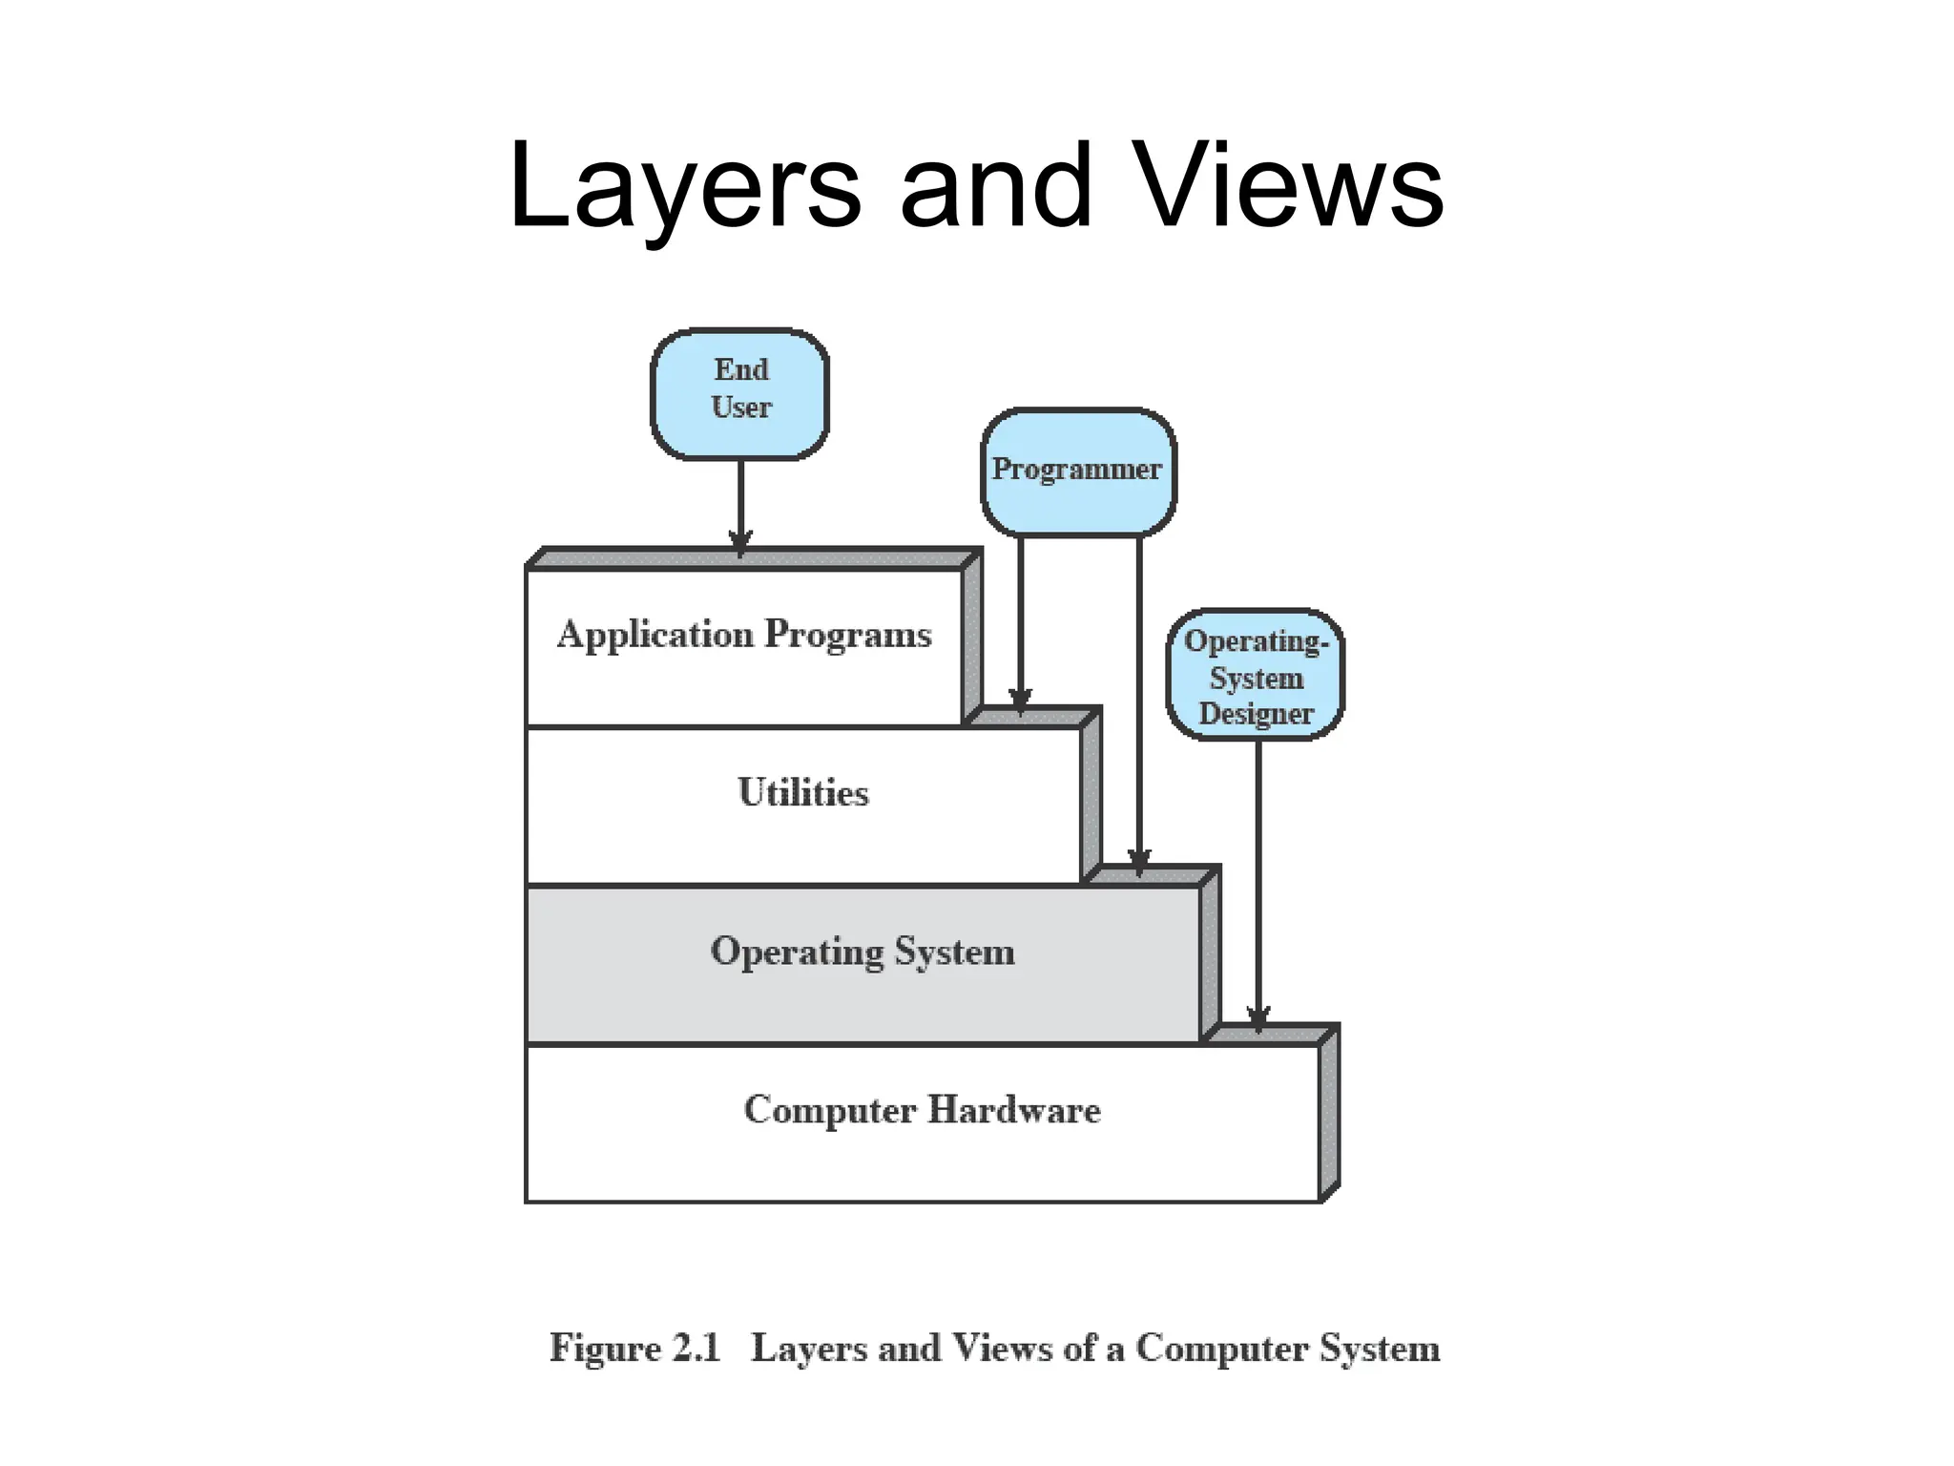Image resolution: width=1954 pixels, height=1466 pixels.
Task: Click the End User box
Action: click(x=739, y=393)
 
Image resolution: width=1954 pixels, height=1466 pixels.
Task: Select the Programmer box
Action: click(x=1078, y=471)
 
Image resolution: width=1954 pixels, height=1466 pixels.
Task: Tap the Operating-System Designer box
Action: click(x=1256, y=675)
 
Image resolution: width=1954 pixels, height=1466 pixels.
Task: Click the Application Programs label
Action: click(x=744, y=635)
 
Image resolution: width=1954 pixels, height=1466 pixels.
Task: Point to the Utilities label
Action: click(x=803, y=793)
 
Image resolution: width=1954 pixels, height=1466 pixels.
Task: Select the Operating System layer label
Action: click(x=863, y=952)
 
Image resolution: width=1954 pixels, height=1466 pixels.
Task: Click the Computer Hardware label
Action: click(x=922, y=1110)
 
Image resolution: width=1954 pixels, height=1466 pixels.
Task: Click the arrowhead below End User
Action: click(x=740, y=542)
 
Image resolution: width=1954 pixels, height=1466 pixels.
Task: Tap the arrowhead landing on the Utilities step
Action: click(x=1020, y=702)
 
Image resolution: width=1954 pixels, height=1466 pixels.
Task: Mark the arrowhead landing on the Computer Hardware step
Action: click(x=1258, y=1019)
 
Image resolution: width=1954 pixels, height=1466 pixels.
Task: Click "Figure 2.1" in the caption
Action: click(x=634, y=1349)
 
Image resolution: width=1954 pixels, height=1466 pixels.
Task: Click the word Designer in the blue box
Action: click(x=1256, y=714)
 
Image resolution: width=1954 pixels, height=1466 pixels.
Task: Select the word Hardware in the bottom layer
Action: click(x=1014, y=1110)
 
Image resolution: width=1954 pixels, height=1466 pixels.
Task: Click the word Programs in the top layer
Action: click(x=848, y=635)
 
